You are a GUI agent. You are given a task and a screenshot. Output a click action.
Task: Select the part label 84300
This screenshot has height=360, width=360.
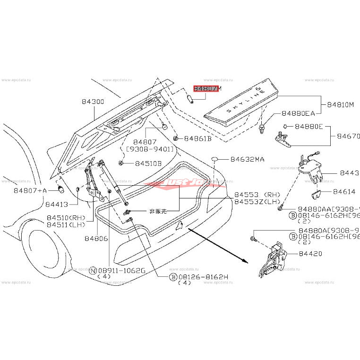(93, 102)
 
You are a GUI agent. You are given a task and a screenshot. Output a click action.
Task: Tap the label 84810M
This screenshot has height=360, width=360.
(337, 104)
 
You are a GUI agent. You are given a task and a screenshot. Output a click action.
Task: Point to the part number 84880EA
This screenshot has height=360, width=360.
(298, 113)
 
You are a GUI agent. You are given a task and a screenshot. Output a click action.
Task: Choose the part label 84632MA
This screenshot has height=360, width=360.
(248, 160)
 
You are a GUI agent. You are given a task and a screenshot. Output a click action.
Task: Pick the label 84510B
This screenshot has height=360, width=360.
(148, 163)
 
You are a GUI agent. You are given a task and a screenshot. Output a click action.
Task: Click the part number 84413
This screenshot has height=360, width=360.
(57, 204)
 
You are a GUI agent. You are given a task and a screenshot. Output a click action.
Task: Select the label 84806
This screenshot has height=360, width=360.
(96, 239)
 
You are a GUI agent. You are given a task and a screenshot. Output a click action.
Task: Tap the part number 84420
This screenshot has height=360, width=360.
(309, 254)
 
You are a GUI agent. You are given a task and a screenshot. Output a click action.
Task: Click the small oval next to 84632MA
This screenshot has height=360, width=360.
(214, 159)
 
